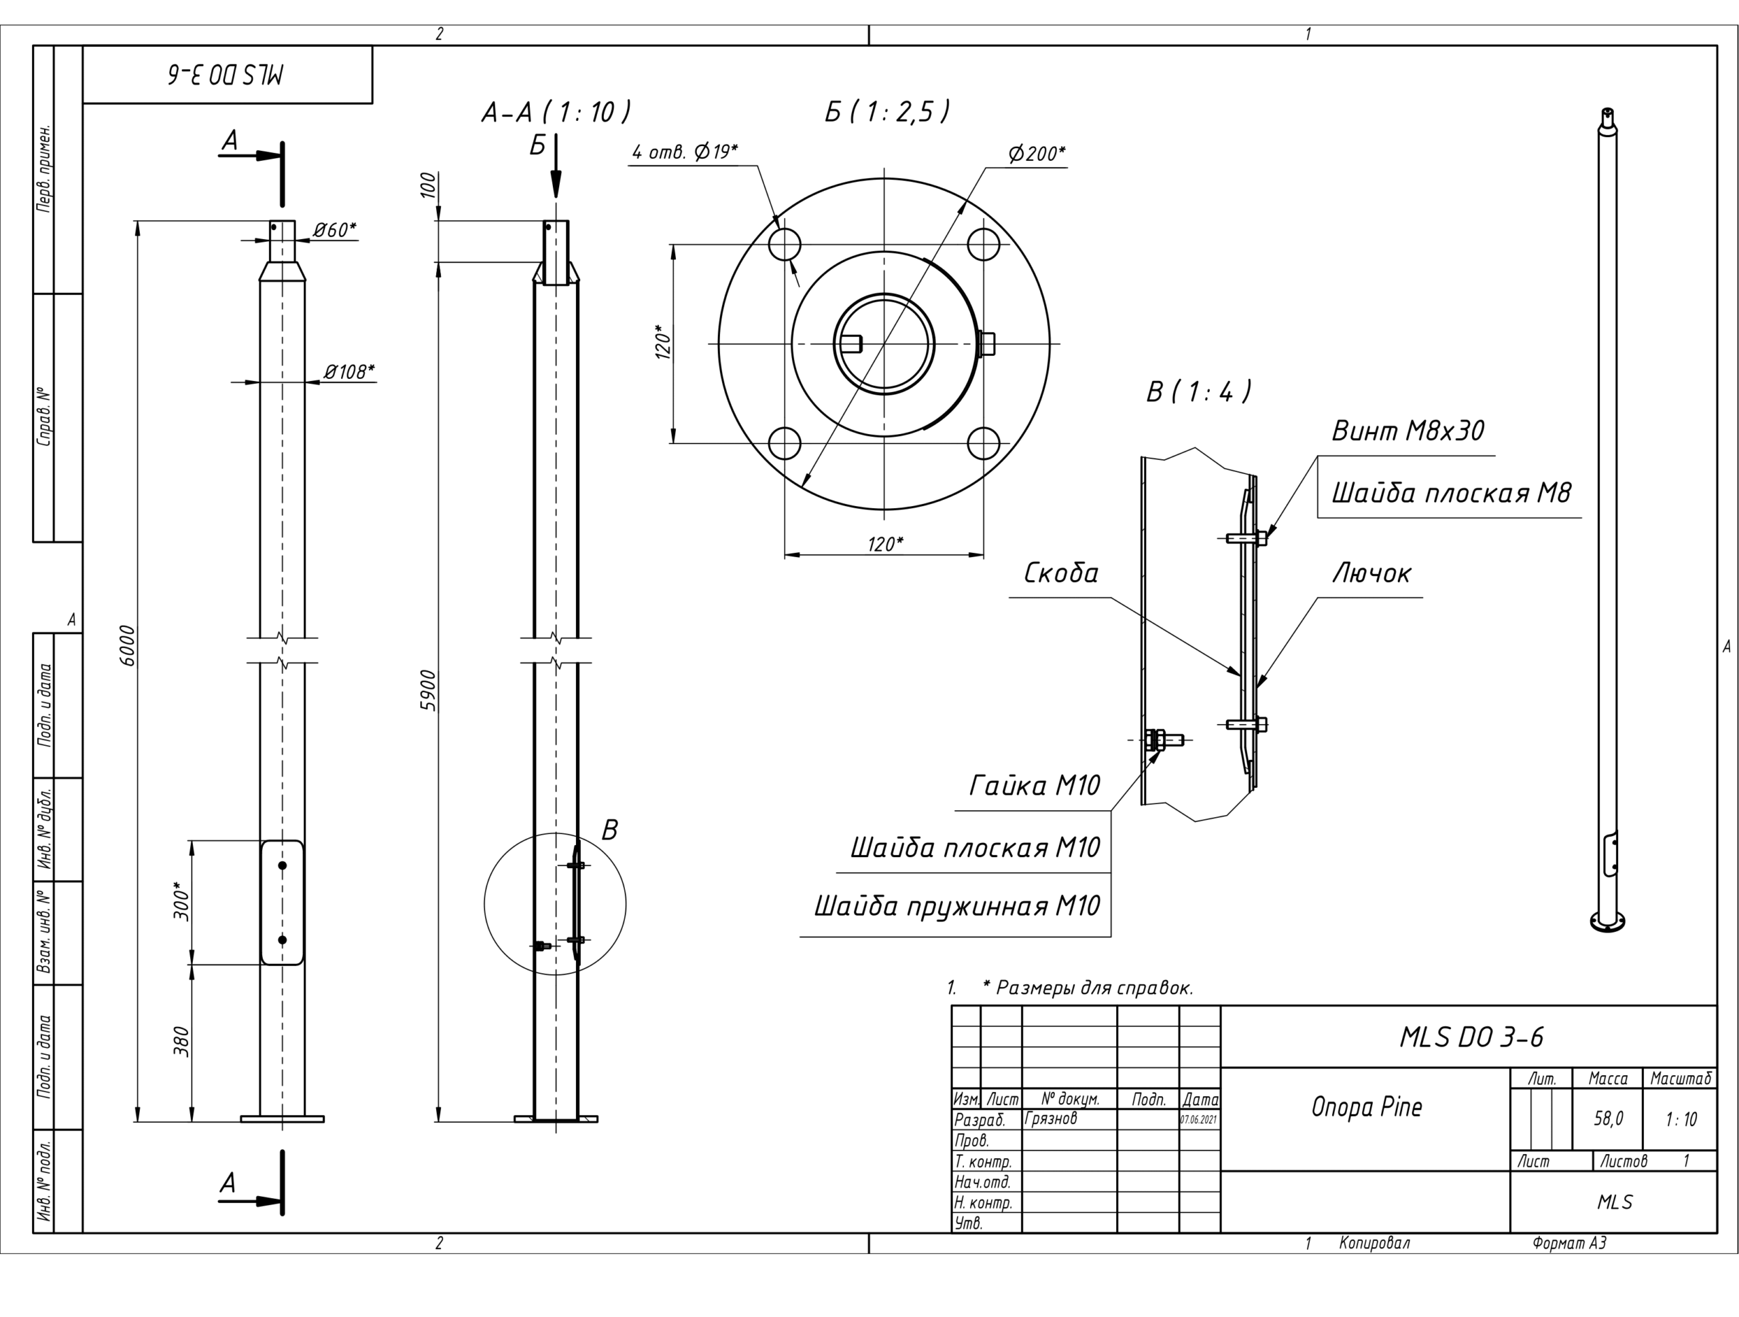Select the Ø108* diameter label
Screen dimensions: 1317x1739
click(350, 371)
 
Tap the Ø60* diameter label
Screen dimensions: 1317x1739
click(335, 230)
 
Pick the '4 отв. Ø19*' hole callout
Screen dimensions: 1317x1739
click(685, 151)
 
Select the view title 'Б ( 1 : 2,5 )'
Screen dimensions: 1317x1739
click(886, 111)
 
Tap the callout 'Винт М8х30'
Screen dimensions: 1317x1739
click(1408, 431)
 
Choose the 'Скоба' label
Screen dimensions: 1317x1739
click(1060, 573)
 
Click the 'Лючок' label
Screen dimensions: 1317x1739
click(1372, 573)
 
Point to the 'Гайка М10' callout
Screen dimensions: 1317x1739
click(1034, 785)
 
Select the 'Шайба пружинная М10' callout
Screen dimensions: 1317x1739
click(956, 907)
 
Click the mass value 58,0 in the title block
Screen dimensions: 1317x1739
click(1609, 1118)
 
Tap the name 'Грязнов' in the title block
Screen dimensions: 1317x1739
click(1050, 1118)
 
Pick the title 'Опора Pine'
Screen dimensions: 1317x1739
click(1366, 1107)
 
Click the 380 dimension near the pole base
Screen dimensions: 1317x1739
click(181, 1042)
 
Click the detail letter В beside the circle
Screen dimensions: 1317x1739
click(609, 830)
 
